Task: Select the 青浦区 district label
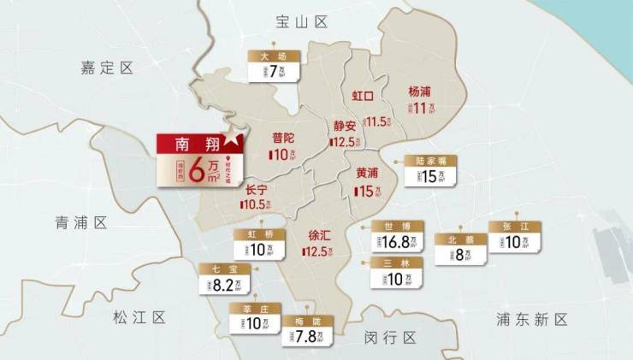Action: click(x=80, y=223)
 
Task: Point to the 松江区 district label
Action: click(x=139, y=318)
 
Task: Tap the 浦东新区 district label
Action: click(x=531, y=320)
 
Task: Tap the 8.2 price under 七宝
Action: click(x=222, y=285)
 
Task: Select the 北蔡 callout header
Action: click(x=459, y=240)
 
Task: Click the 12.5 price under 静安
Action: click(x=344, y=142)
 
